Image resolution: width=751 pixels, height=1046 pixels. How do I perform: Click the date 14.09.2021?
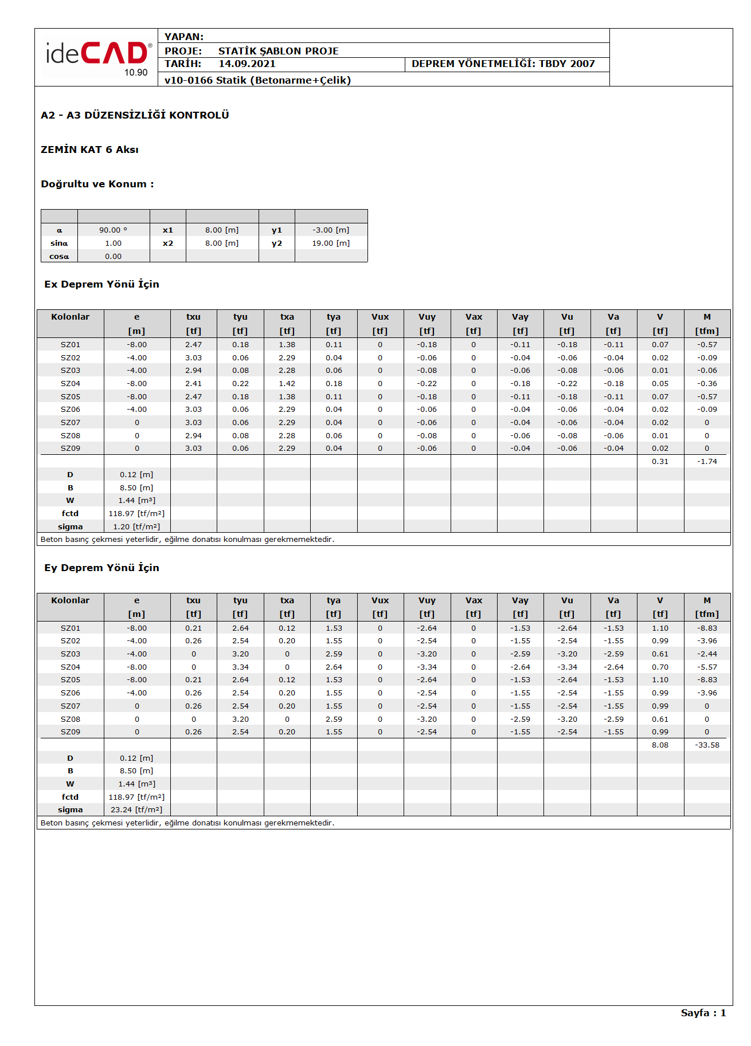[247, 64]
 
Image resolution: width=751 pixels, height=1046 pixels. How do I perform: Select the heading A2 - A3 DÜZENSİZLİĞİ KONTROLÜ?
[135, 115]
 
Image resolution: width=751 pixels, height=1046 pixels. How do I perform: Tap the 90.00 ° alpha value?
[113, 230]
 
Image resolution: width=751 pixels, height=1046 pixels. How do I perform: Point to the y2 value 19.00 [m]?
[331, 243]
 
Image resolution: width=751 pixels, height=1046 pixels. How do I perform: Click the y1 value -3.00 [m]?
[331, 230]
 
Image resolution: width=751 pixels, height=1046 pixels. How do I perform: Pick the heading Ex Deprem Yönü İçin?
[101, 284]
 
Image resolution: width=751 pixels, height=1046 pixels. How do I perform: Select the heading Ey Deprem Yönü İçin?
[101, 568]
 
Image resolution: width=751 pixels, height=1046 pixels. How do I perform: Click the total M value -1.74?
[707, 462]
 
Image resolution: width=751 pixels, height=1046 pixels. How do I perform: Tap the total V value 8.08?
[660, 745]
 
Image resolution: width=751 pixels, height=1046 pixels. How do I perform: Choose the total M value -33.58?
[707, 745]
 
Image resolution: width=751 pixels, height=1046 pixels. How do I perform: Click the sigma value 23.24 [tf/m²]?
[136, 810]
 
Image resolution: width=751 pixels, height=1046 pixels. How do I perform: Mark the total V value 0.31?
[660, 462]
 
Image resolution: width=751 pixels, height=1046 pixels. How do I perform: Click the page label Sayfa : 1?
[703, 1013]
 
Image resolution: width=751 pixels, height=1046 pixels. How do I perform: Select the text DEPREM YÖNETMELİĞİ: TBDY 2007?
[503, 64]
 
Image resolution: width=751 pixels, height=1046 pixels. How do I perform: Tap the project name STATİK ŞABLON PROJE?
[278, 51]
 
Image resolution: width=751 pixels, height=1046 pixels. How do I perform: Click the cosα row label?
[59, 257]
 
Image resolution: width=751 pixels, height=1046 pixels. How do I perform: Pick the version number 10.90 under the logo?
[136, 73]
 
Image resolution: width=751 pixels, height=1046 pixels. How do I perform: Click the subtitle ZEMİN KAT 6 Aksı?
[89, 150]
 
